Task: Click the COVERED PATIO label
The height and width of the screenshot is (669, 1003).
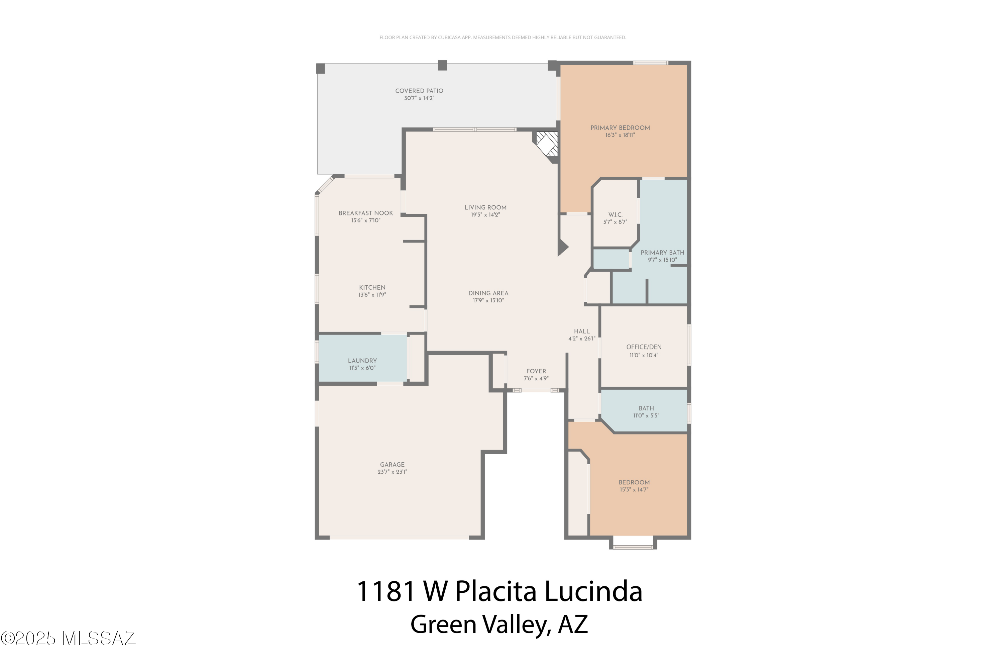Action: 419,91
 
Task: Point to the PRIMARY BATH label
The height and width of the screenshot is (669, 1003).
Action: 662,253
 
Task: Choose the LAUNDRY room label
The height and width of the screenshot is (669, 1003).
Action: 362,361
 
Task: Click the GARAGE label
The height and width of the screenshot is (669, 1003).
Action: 392,465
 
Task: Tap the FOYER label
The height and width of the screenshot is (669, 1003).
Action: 536,371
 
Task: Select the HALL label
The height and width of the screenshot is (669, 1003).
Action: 581,331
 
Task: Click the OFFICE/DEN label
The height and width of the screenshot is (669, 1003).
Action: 644,347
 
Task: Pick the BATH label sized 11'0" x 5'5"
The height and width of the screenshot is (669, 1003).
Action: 646,408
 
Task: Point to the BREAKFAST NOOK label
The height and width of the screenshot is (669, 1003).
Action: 365,213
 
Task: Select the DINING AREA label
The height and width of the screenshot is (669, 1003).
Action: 488,293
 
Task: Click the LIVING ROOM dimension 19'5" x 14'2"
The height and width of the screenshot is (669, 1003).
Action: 485,215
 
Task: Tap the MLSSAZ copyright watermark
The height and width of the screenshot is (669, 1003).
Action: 68,638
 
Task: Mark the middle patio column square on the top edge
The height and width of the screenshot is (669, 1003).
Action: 442,65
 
